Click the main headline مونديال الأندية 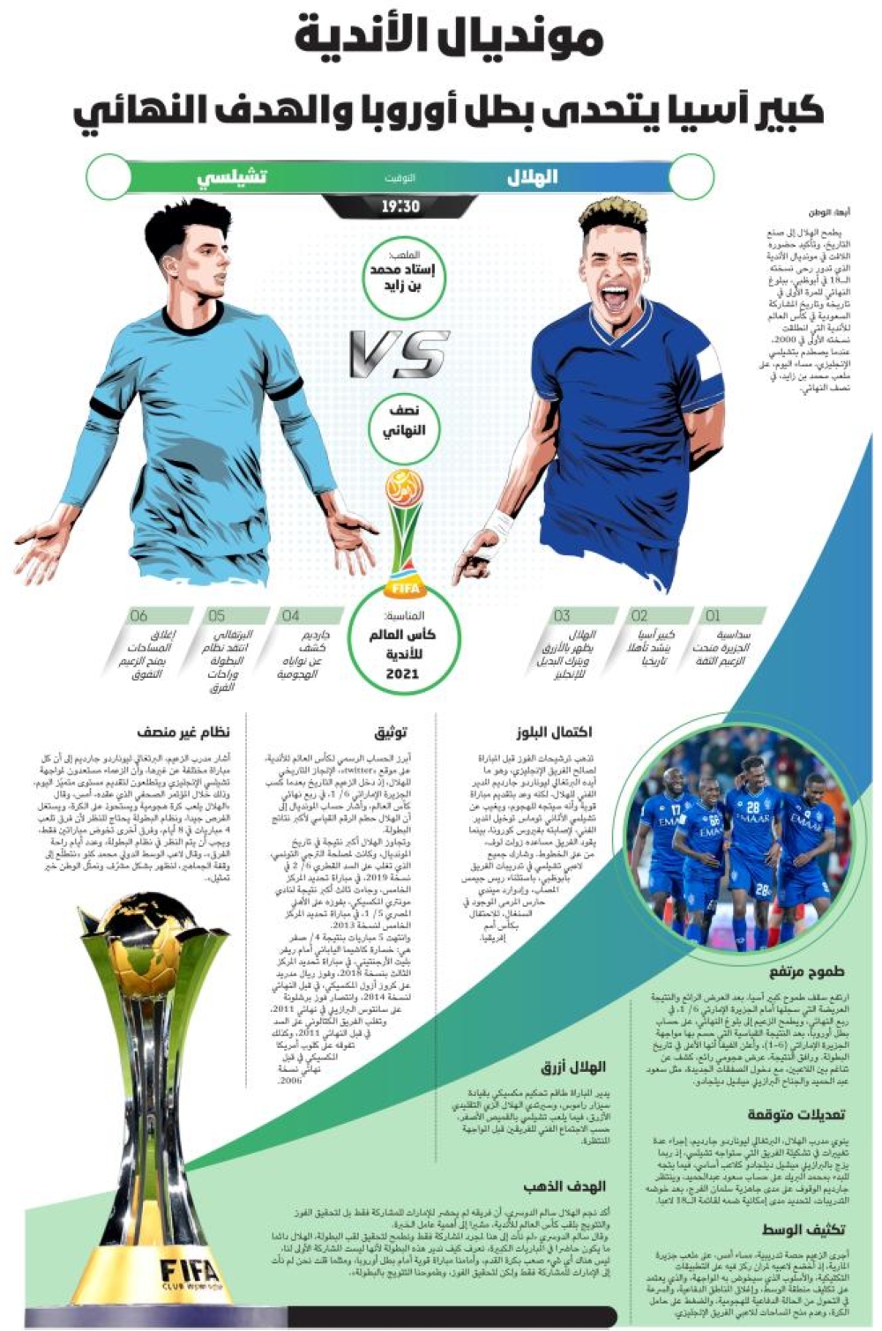point(449,40)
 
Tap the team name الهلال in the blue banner point(532,176)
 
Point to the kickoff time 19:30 point(400,207)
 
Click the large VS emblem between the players point(400,353)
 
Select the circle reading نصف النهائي point(405,421)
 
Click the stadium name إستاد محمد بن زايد point(405,279)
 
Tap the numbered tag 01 point(713,615)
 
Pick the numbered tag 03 point(562,615)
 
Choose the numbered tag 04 point(290,615)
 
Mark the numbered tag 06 point(138,615)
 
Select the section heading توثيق point(391,732)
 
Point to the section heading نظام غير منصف point(183,732)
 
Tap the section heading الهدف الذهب point(564,1186)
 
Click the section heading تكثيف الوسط point(804,1230)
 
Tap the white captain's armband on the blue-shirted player point(706,362)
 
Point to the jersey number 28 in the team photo point(752,807)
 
